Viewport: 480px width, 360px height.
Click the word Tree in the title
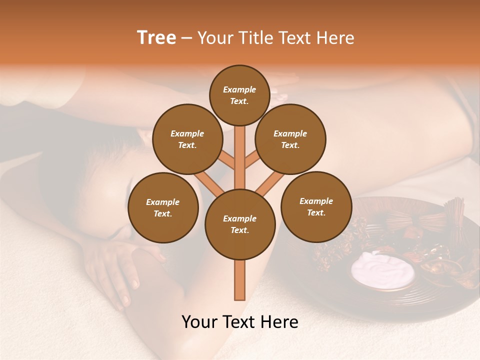tap(156, 38)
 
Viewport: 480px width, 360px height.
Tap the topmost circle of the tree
tap(239, 95)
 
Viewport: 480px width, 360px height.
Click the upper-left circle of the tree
tap(187, 139)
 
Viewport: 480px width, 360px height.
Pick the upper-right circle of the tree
tap(290, 139)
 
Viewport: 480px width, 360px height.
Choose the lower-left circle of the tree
tap(163, 207)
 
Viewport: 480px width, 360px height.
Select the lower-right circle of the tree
tap(316, 206)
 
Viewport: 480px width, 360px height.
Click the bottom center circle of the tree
tap(240, 224)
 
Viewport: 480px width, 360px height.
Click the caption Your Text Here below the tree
tap(240, 322)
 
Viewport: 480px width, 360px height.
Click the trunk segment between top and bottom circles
tap(240, 160)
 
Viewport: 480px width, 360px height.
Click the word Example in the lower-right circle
tap(316, 201)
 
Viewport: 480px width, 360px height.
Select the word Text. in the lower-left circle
tap(163, 213)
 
